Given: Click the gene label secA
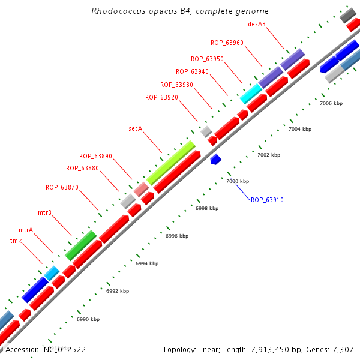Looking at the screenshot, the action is pos(136,128).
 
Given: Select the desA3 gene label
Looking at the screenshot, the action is pos(257,25).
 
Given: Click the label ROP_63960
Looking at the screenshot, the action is pos(227,43).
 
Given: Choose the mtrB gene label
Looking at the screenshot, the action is pos(45,212).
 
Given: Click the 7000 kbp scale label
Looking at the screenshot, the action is pos(237,181).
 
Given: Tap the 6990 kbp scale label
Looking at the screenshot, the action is pos(88,319).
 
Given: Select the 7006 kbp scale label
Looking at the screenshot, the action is pos(331,103).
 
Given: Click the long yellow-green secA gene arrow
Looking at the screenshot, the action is pos(171,163).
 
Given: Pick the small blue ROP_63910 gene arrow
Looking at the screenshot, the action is pos(216,159).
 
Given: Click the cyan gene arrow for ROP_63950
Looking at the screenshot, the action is pos(251,93).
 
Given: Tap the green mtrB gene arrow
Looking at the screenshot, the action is pos(81,245).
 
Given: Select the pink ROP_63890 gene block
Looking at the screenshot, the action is pos(141,190).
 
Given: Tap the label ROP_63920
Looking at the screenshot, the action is pos(161,97).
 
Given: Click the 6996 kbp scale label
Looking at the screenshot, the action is pos(176,236).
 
